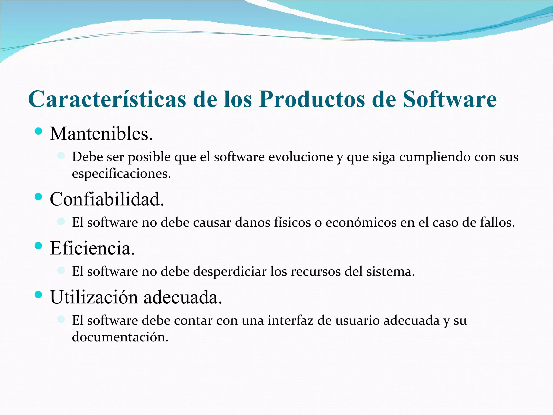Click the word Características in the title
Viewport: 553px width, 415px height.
[x=107, y=99]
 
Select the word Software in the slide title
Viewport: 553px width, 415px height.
[x=450, y=99]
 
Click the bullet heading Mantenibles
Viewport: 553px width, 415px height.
[x=101, y=134]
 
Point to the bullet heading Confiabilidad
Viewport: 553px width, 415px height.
[x=107, y=199]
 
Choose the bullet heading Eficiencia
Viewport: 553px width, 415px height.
[x=92, y=248]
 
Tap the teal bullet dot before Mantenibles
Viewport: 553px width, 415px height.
[x=39, y=132]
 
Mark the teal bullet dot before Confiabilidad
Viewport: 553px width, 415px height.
[x=39, y=197]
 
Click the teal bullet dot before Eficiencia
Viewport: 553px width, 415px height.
[x=39, y=246]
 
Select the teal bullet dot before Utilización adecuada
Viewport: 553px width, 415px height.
[x=39, y=294]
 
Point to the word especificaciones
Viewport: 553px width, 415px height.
[x=121, y=174]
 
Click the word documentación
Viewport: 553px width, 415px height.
[x=120, y=337]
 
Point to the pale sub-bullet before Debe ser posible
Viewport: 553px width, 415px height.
[x=61, y=156]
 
